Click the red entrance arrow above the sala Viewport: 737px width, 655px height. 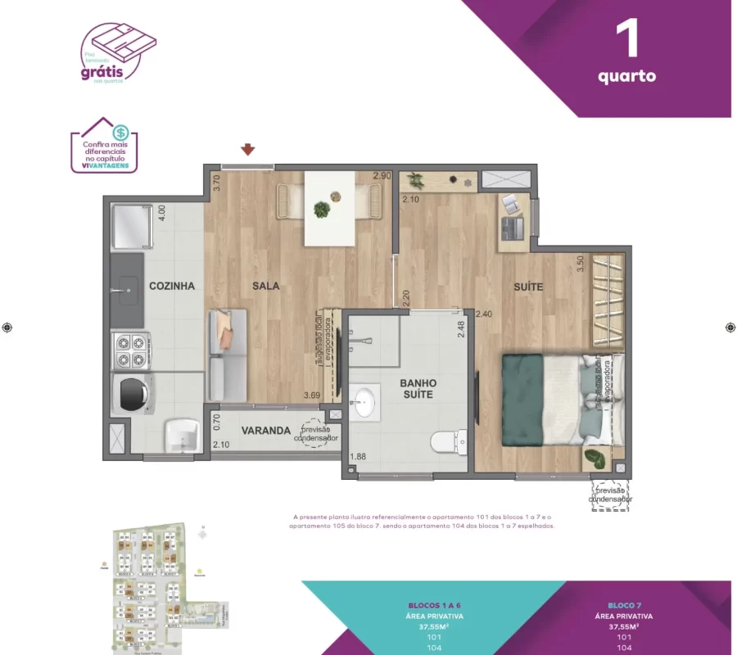point(248,149)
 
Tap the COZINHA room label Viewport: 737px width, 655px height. point(172,286)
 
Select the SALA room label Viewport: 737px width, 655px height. point(266,286)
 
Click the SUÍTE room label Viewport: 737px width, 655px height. point(528,286)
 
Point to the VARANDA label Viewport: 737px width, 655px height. point(266,431)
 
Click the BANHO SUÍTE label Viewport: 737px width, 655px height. point(418,389)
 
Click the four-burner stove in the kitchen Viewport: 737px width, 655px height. point(131,350)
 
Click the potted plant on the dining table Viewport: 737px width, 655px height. point(322,210)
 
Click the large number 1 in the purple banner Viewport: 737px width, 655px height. point(627,40)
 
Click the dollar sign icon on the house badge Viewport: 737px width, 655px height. point(120,132)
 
